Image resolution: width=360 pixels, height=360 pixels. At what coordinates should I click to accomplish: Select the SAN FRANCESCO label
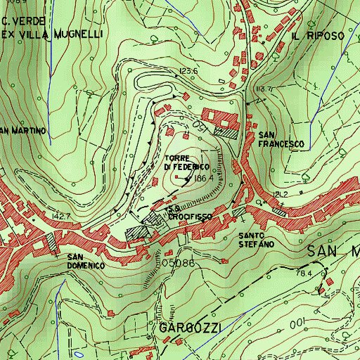[281, 139]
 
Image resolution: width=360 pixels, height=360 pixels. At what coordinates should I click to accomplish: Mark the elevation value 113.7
[264, 89]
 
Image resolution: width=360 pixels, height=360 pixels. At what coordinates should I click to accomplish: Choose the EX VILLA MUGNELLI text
[52, 33]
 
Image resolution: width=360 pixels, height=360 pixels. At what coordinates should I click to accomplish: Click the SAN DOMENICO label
[86, 261]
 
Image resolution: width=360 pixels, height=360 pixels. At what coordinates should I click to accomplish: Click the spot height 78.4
[304, 273]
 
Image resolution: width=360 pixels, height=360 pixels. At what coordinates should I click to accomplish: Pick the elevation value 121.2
[282, 193]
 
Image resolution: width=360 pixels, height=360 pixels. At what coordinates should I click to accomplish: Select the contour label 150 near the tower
[199, 125]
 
